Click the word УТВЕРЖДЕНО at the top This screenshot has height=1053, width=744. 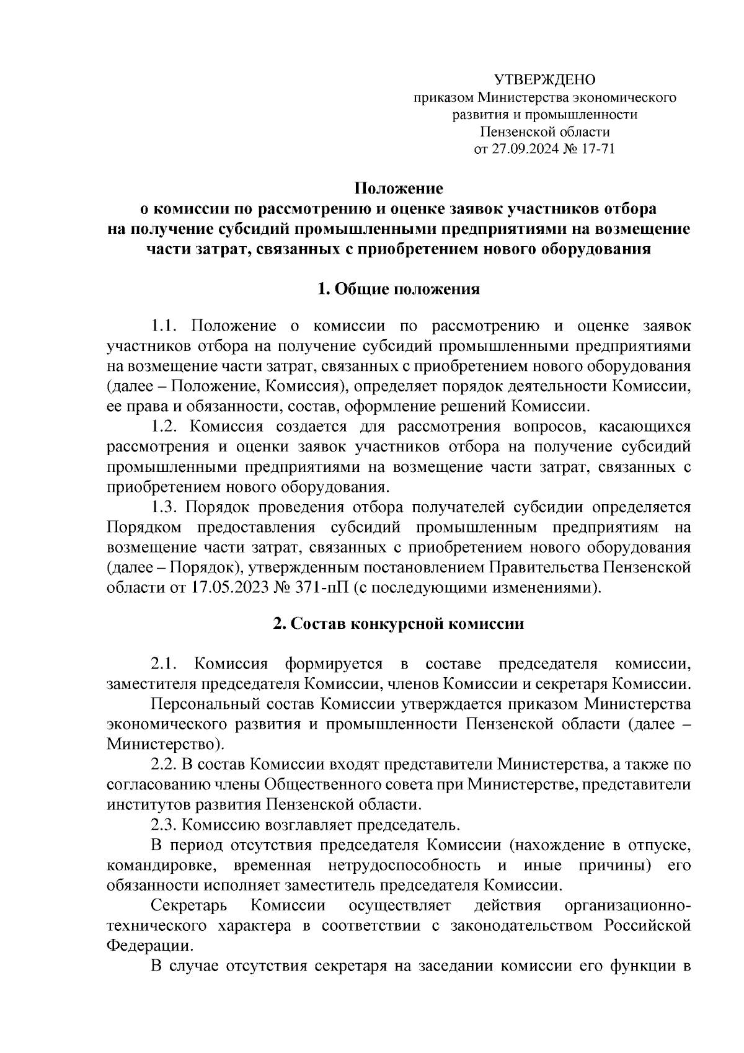click(x=544, y=80)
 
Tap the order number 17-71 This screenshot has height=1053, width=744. click(x=596, y=149)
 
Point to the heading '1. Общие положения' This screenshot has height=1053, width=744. click(x=398, y=289)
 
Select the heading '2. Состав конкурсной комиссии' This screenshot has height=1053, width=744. click(x=398, y=623)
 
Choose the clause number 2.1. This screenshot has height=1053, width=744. click(x=165, y=664)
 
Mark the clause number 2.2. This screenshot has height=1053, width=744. click(x=165, y=765)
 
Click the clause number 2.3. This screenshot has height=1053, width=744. click(x=165, y=825)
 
